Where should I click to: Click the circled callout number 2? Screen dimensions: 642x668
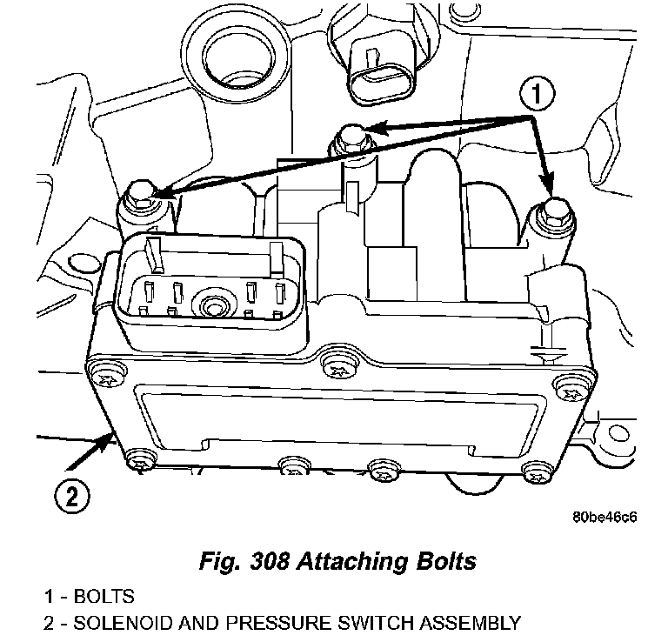coord(72,497)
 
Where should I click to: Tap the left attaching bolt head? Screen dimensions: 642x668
coord(138,195)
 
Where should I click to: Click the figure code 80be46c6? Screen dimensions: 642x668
coord(605,519)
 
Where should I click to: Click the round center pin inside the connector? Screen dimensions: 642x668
coord(212,305)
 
